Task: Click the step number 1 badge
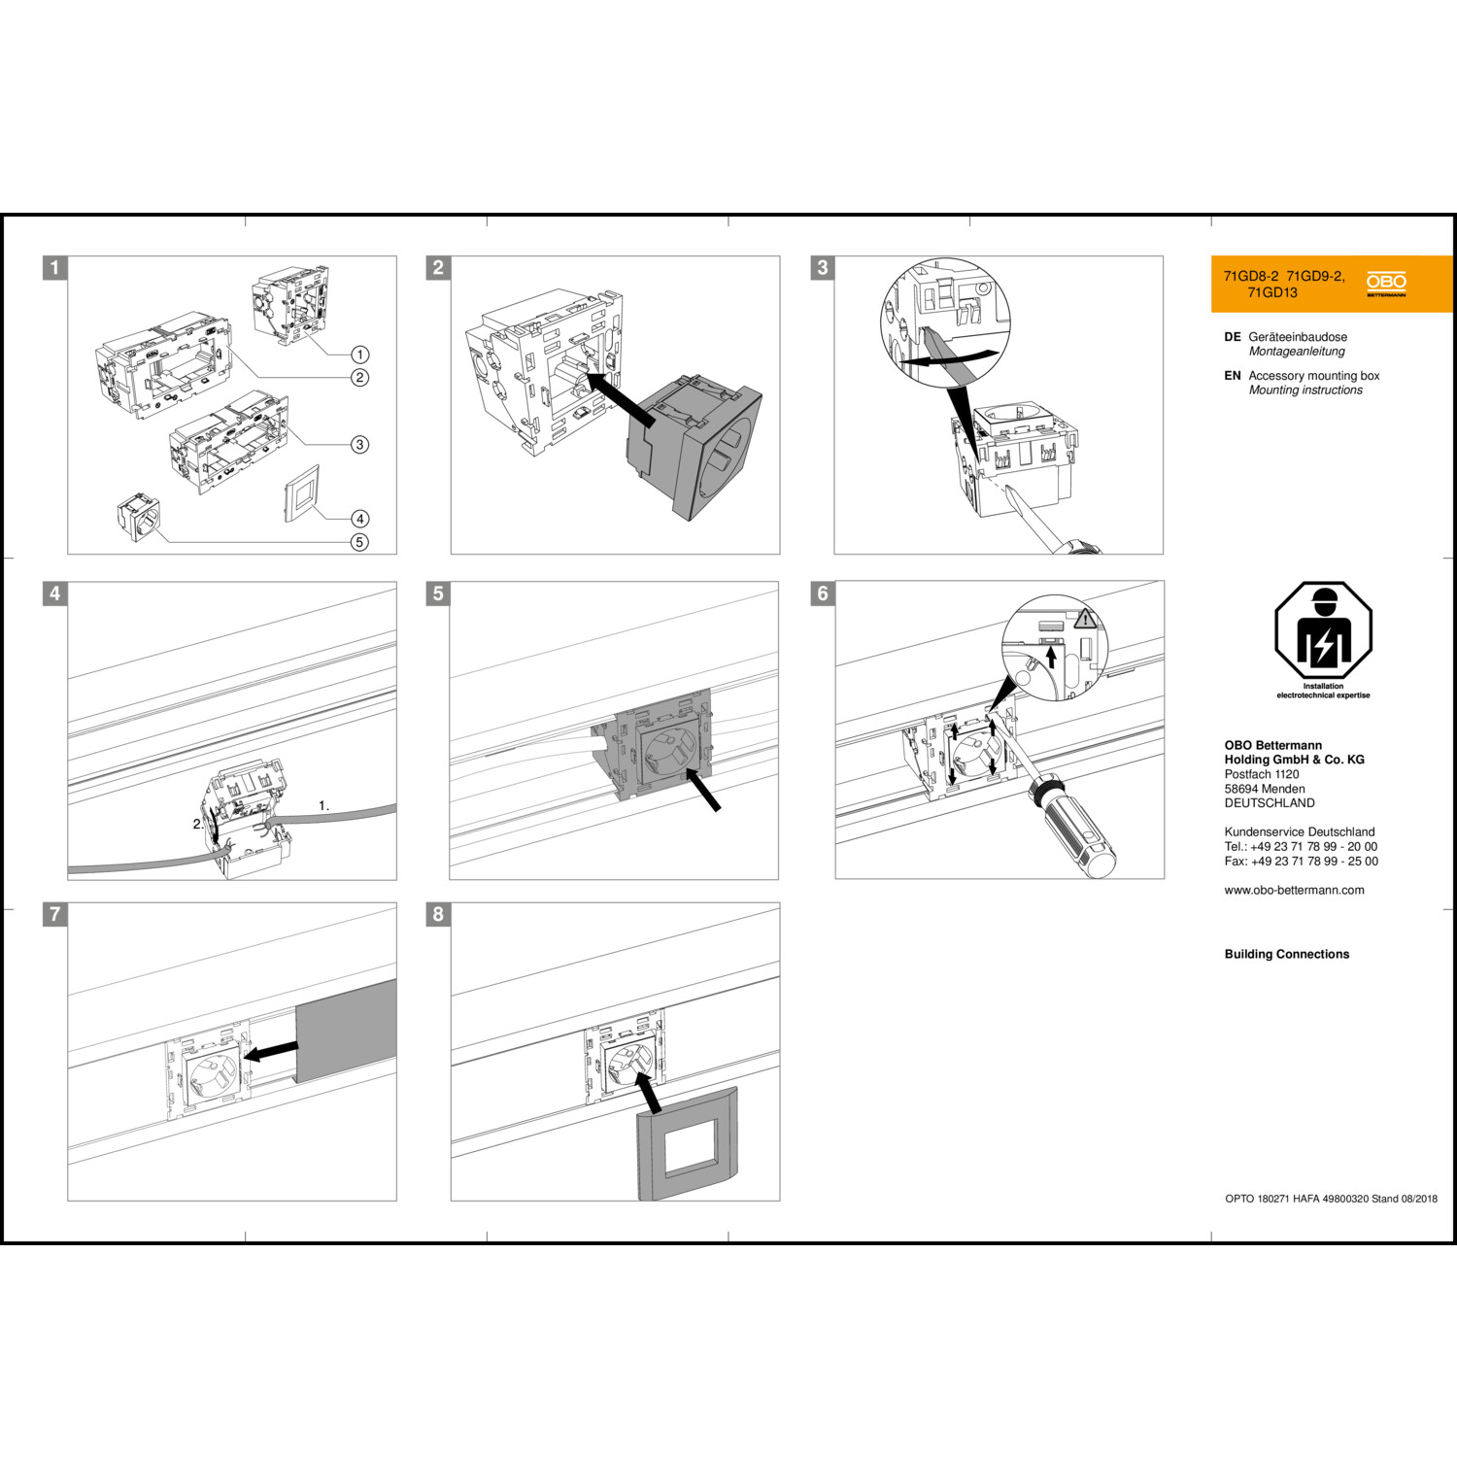(55, 268)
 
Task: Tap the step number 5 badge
(438, 593)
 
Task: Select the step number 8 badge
(438, 914)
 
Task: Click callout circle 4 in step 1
(359, 519)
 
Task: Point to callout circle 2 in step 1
(359, 377)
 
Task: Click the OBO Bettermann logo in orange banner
(1386, 284)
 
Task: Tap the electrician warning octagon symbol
(1323, 631)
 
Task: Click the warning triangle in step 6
(1085, 618)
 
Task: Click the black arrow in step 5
(702, 788)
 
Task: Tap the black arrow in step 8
(648, 1092)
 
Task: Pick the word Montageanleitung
(1297, 352)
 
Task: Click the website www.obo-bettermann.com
(1294, 890)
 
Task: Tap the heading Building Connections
(1286, 954)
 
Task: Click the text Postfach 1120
(1261, 774)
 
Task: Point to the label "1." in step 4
(324, 805)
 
